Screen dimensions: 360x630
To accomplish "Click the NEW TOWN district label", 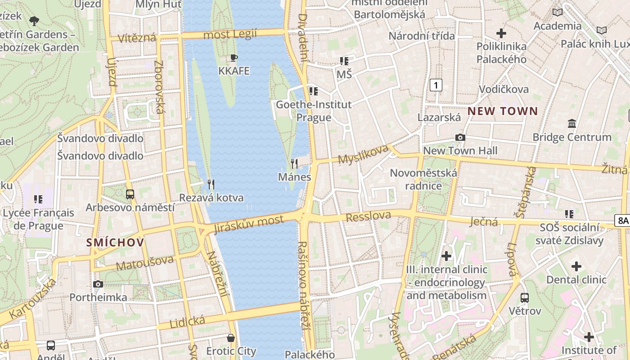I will click(503, 111).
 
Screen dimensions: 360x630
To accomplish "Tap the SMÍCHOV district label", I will click(115, 243).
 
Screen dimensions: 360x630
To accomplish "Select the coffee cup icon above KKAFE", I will click(234, 58).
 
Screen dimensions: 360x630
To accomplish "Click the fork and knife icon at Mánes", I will click(294, 163).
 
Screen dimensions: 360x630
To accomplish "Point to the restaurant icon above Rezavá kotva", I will click(211, 184).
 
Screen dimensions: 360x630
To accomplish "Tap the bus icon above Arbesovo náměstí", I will click(130, 194).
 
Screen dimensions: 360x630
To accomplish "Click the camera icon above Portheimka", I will click(98, 284).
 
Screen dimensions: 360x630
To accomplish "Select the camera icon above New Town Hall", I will click(460, 137).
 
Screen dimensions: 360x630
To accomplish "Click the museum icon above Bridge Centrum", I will click(572, 123).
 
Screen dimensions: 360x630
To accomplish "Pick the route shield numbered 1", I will click(436, 85).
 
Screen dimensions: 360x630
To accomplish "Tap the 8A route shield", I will click(622, 220).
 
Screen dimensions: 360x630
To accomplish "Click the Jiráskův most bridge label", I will click(249, 223).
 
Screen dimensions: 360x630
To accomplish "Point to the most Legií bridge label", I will click(230, 34).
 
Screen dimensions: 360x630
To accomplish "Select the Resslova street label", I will click(368, 216).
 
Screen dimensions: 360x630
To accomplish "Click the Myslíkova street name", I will click(363, 154).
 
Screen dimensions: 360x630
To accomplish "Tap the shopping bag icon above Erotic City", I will click(231, 337).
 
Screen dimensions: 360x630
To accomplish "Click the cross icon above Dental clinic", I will click(576, 266).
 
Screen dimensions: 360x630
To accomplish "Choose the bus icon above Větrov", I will click(525, 297).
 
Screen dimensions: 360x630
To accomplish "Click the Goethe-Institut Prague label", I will click(314, 111).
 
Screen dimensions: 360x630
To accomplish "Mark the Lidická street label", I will click(187, 322).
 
